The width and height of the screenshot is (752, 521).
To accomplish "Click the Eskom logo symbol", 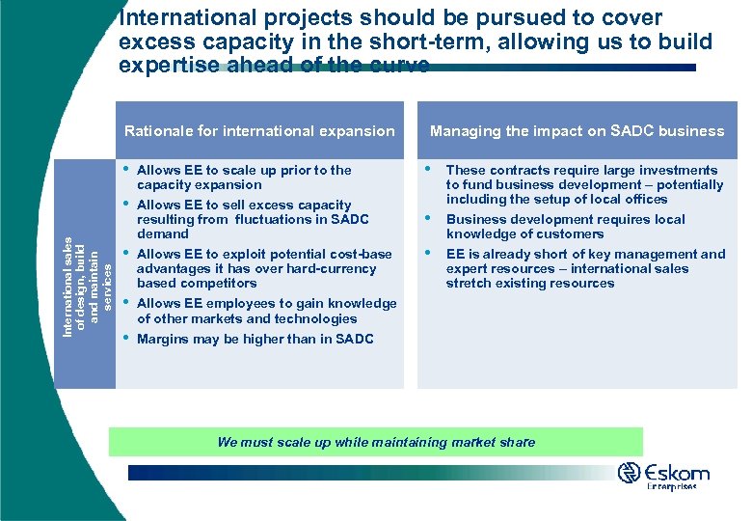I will tap(630, 473).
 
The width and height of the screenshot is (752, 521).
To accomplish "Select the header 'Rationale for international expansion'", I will tap(260, 131).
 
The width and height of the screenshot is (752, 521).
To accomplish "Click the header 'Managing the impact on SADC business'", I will tap(577, 131).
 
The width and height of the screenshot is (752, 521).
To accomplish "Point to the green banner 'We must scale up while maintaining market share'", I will tap(376, 442).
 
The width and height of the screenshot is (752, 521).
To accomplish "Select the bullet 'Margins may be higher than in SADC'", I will tap(255, 339).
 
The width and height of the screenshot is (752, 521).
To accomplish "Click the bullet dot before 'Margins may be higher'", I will tap(126, 337).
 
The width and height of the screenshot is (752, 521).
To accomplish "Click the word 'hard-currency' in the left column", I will tap(326, 268).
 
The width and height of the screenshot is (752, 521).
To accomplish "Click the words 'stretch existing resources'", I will tap(529, 283).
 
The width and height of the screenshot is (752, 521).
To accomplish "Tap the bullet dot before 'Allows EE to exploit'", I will tap(126, 252).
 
